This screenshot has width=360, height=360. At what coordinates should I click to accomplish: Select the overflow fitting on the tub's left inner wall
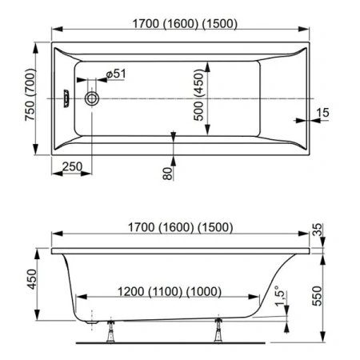click(x=68, y=99)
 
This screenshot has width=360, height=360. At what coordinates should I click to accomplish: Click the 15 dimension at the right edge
click(x=322, y=113)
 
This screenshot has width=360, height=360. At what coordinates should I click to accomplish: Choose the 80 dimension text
click(x=168, y=170)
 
